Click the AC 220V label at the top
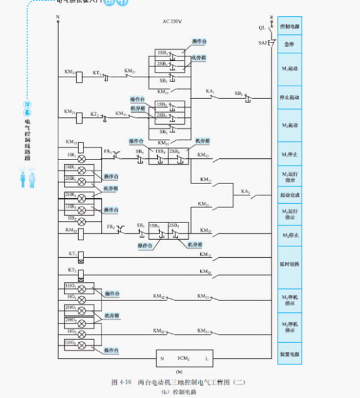(x=172, y=22)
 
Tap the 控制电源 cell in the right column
(x=290, y=28)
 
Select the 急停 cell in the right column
(x=290, y=44)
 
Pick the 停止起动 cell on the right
(x=290, y=97)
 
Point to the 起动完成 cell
(x=290, y=195)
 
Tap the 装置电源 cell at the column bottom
(x=290, y=354)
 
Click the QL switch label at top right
(x=262, y=28)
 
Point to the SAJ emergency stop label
(x=263, y=43)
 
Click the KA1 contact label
(x=211, y=92)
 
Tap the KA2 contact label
(x=245, y=191)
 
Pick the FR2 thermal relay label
(x=110, y=226)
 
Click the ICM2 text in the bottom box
(x=184, y=358)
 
